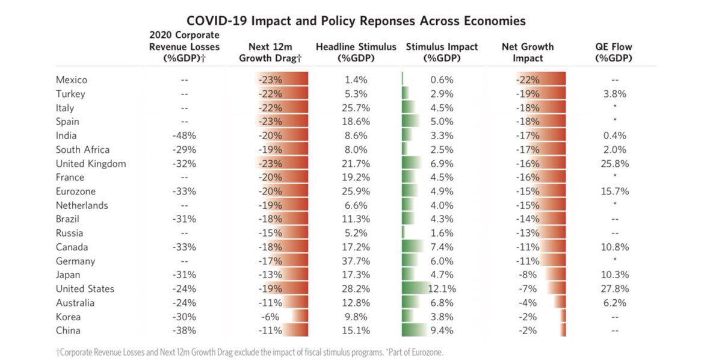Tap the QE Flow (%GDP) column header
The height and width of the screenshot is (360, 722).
614,52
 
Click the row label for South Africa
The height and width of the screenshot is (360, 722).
82,149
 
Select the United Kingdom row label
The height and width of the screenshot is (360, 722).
90,164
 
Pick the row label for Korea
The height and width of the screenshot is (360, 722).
68,317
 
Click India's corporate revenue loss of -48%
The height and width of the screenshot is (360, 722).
184,135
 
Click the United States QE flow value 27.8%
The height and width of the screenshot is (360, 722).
614,289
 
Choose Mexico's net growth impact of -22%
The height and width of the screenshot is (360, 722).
527,80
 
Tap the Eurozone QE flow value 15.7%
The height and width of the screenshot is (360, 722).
614,191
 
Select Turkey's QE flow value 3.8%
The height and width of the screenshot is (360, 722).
614,94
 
